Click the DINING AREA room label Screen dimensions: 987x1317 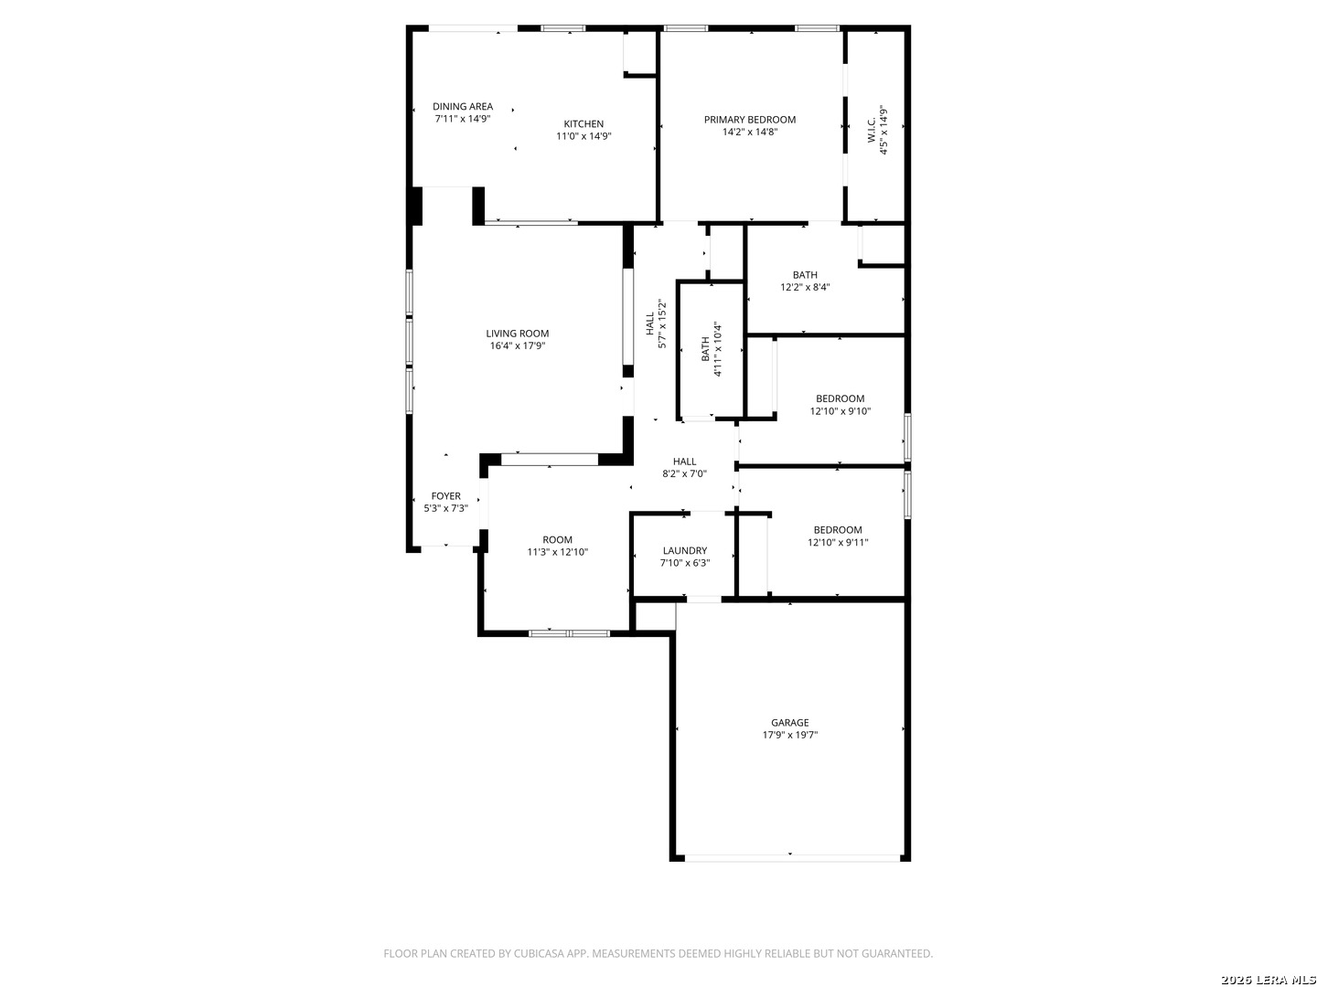tap(463, 106)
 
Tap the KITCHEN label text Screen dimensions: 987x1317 tap(584, 124)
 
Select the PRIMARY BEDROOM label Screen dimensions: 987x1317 tap(749, 120)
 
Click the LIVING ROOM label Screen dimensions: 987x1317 tap(517, 334)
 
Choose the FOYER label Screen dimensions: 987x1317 tap(446, 496)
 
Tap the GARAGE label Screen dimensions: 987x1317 tap(789, 723)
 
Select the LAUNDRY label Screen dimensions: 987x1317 tap(684, 551)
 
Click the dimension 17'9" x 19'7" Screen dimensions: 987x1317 tap(789, 735)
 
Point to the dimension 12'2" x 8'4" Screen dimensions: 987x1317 tap(805, 287)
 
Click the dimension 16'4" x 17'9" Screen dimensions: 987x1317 tap(517, 346)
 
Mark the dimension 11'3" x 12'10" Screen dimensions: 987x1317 tap(557, 552)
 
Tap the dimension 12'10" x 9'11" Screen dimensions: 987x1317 tap(838, 543)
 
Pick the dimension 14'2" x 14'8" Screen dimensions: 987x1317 tap(749, 132)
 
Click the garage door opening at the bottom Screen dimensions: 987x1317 tap(790, 857)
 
